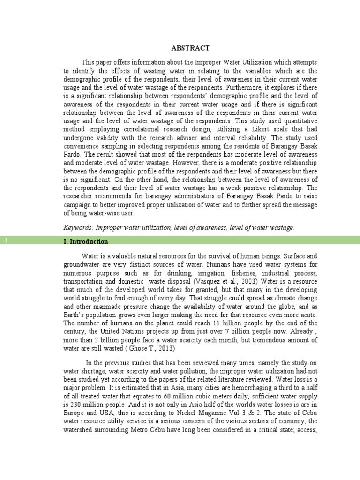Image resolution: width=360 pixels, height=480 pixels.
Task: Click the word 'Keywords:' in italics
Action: pyautogui.click(x=78, y=227)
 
